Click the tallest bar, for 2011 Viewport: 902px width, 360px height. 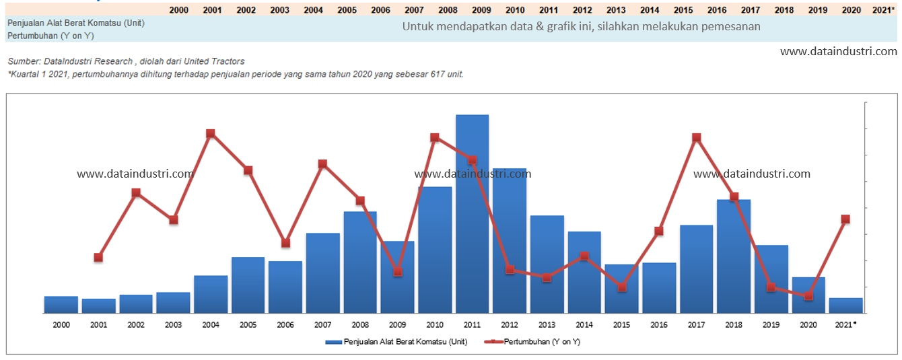coord(472,214)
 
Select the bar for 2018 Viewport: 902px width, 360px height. coord(734,256)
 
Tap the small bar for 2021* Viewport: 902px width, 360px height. coord(845,305)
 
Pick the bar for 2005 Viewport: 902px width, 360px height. coord(248,285)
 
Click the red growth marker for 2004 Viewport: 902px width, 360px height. coord(211,134)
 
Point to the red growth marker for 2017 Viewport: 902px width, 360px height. coord(697,138)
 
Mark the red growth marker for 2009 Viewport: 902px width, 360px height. coord(398,272)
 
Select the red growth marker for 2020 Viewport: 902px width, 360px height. coord(808,296)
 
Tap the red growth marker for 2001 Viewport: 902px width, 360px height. coord(98,257)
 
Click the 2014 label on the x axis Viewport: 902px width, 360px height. coord(584,325)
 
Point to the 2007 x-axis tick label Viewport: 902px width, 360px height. coord(322,325)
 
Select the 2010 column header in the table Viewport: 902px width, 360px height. coord(515,10)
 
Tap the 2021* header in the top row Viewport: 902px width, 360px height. coord(883,10)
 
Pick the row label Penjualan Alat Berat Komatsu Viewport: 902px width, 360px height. coord(76,23)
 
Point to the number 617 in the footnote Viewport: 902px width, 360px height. coord(438,74)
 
